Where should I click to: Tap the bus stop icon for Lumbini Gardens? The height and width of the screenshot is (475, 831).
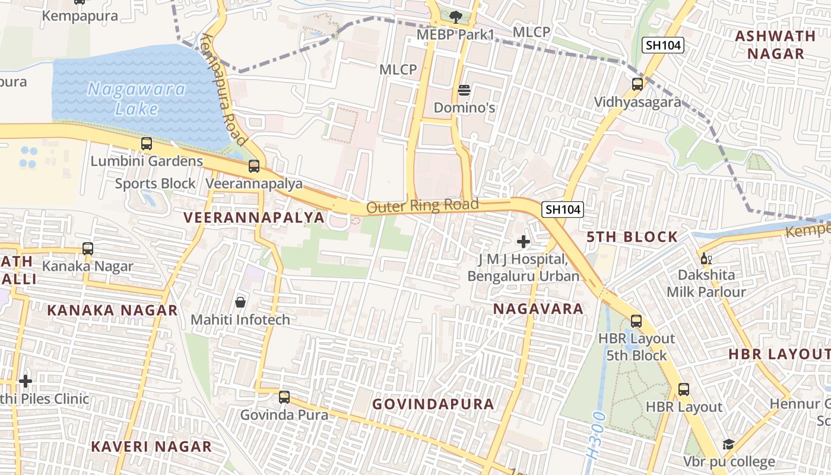147,144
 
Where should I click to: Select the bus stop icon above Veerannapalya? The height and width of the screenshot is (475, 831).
254,166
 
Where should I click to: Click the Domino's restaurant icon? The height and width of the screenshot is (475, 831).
464,91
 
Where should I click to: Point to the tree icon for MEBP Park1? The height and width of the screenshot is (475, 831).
456,17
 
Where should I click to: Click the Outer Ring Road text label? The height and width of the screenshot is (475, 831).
422,206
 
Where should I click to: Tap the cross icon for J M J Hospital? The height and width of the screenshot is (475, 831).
524,242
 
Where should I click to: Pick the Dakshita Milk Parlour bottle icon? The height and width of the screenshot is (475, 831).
706,258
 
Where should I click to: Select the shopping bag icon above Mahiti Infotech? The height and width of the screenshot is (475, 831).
240,302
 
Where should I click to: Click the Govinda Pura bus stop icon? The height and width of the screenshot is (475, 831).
284,397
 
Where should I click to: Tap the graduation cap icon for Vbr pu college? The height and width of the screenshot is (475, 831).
728,445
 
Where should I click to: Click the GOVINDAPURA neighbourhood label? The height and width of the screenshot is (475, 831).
433,404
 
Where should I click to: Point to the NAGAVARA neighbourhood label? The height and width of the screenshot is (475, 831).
538,309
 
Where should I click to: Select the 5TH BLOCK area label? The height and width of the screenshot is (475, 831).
632,237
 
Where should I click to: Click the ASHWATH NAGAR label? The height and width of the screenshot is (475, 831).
775,45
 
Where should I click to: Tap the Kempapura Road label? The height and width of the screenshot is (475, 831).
223,90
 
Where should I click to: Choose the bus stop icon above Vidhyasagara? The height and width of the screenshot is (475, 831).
637,84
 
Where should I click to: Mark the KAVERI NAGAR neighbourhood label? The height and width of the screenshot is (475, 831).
151,446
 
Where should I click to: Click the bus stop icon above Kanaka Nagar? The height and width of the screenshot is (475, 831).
88,249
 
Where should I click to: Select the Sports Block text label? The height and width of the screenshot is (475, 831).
155,183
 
